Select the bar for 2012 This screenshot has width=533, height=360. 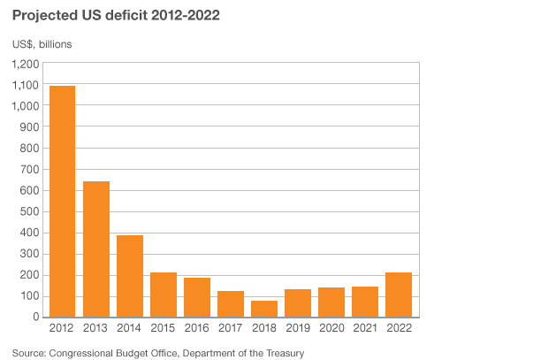click(x=63, y=202)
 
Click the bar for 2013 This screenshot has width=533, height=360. click(x=96, y=249)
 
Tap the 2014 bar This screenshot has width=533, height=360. click(x=130, y=276)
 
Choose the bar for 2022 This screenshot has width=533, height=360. click(x=399, y=295)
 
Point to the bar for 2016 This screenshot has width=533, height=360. click(x=197, y=297)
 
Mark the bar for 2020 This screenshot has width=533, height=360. click(x=331, y=302)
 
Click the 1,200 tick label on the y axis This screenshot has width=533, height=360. click(x=26, y=64)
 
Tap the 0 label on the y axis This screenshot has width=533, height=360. click(x=36, y=317)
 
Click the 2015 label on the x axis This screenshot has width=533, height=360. click(x=164, y=329)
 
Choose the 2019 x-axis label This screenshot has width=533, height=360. click(x=298, y=329)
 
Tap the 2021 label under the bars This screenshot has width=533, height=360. click(x=365, y=329)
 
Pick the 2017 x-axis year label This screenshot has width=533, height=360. click(x=231, y=329)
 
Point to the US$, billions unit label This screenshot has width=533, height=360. click(x=42, y=43)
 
